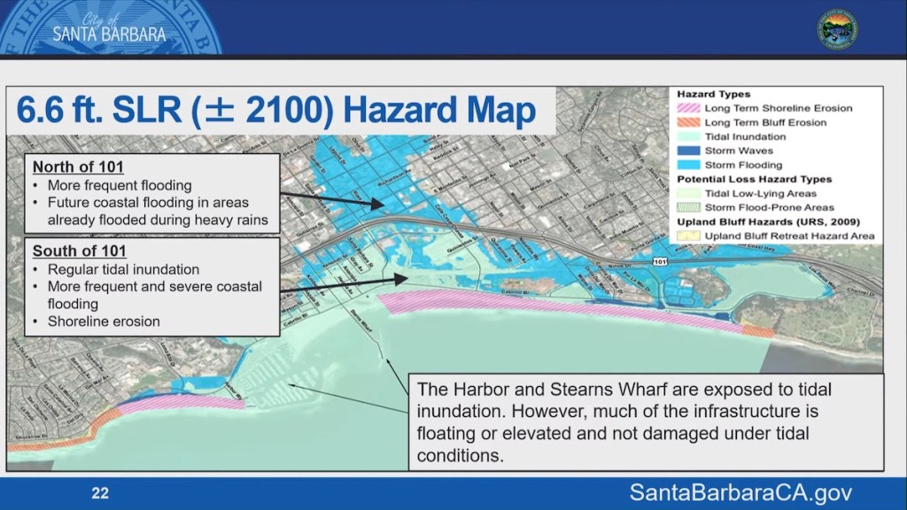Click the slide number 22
coord(100,493)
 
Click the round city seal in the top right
coord(836,27)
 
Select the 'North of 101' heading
coord(78,167)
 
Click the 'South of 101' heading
coord(79,251)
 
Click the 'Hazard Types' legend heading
coord(713,94)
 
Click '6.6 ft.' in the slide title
coord(66,112)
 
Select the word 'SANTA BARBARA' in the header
coord(109,35)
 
